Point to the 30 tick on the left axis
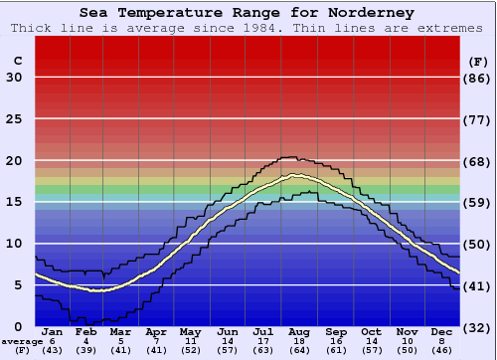coord(14,78)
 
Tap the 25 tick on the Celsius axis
coord(14,119)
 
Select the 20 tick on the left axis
coord(14,161)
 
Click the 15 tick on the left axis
coord(14,203)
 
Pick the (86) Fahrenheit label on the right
coord(478,78)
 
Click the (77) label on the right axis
coord(478,119)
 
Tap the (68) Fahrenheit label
coord(478,161)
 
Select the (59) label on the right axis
coord(478,203)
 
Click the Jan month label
coord(53,332)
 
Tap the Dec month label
coord(441,332)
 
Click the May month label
coord(190,332)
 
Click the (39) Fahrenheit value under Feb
coord(85,350)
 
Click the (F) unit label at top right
coord(478,61)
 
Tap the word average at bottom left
coord(22,341)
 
